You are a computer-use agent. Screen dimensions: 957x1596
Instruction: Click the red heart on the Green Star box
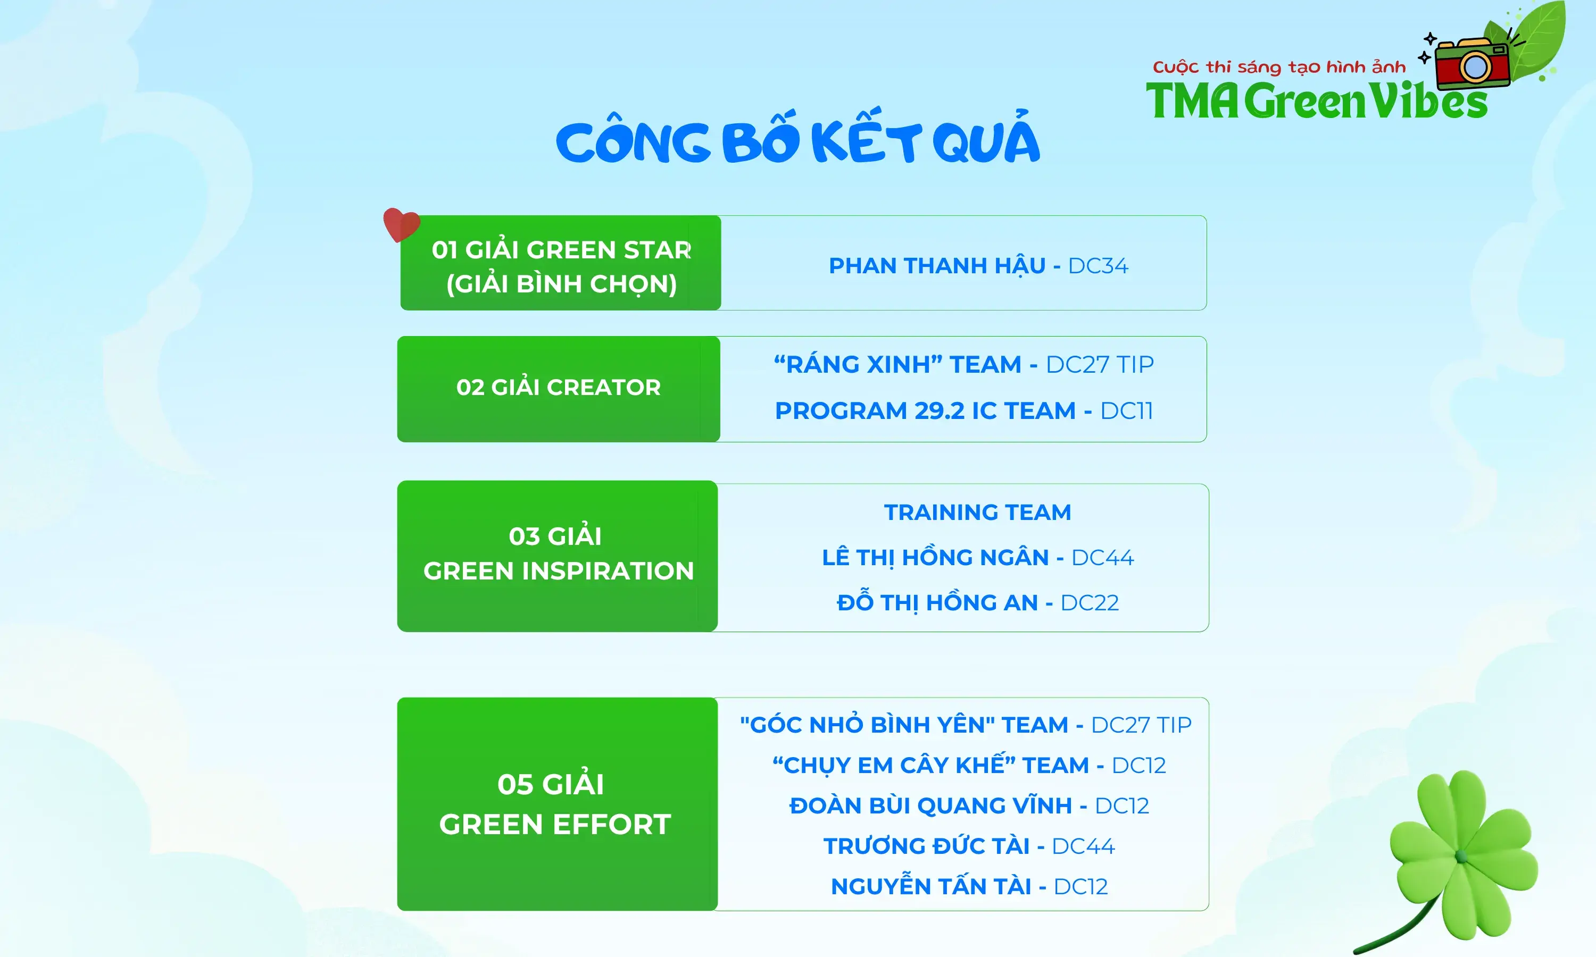[401, 224]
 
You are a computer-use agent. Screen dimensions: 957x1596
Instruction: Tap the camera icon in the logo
[1473, 64]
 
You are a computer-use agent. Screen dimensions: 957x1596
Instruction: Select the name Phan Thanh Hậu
[937, 266]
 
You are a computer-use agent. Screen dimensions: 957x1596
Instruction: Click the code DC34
[1098, 266]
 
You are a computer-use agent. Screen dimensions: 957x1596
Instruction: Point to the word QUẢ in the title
[986, 140]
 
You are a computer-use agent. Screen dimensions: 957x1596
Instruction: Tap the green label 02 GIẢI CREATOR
[559, 388]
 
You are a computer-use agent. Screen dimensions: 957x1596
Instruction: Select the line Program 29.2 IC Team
[925, 411]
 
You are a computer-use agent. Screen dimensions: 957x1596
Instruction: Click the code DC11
[1126, 411]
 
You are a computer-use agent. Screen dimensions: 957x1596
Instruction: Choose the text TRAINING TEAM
[977, 512]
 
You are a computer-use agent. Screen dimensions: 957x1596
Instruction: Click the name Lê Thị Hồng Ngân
[935, 558]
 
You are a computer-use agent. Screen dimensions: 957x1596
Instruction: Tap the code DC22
[1090, 603]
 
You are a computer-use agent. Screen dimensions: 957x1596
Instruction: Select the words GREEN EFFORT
[555, 825]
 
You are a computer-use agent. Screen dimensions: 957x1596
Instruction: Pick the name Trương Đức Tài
[926, 846]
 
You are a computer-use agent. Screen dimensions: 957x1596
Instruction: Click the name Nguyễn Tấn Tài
[931, 887]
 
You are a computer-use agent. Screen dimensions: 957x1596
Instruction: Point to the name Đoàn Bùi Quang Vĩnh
[930, 806]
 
